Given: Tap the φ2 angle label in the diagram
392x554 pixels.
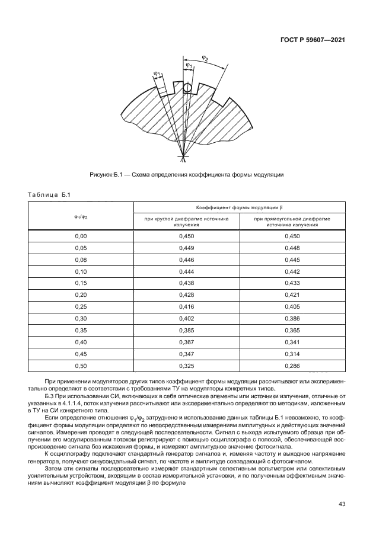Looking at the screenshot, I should [x=205, y=57].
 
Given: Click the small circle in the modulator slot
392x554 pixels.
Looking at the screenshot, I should [x=187, y=88].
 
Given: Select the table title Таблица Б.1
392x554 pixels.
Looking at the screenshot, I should [x=49, y=195].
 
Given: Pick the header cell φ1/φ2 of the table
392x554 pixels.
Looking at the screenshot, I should [x=81, y=216].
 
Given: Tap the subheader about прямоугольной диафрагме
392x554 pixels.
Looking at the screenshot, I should [x=292, y=222].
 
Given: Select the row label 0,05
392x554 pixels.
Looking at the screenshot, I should [x=81, y=248].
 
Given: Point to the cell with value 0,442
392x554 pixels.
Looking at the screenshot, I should [x=292, y=271].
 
